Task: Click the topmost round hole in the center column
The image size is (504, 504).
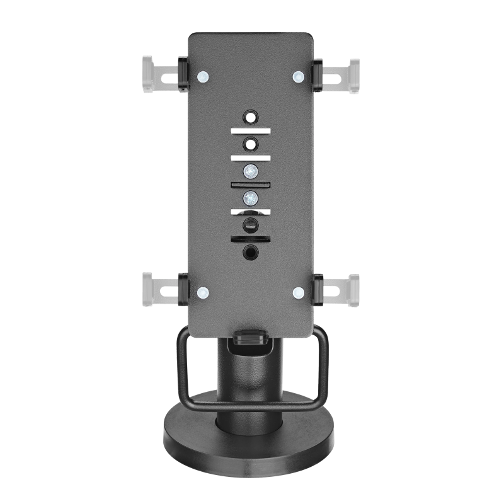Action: point(251,117)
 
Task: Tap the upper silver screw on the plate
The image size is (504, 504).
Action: point(251,170)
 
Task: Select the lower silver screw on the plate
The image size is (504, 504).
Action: point(251,197)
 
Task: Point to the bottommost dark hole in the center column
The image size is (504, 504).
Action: point(251,252)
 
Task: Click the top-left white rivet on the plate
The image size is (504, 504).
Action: point(202,77)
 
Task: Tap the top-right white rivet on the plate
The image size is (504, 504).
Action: point(299,77)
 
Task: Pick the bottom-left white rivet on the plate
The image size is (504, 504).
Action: point(202,292)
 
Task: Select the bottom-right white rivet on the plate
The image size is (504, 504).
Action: point(299,292)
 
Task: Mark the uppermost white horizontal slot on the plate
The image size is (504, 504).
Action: point(251,130)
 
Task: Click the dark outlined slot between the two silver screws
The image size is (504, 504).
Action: point(251,184)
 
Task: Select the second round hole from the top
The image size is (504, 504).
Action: point(251,144)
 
